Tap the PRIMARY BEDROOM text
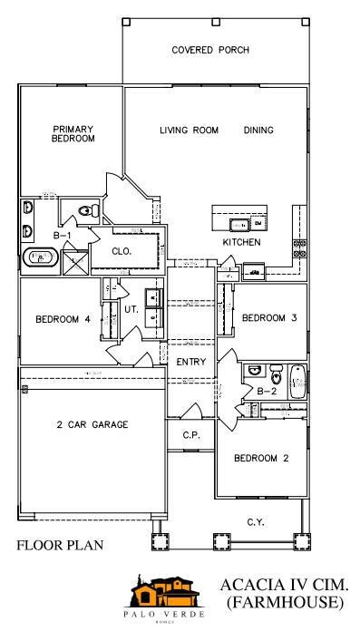[73, 134]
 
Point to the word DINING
[258, 131]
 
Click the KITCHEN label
[242, 243]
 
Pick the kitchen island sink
[239, 222]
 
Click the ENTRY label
[191, 362]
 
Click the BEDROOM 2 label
[261, 459]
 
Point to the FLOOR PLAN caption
[60, 546]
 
